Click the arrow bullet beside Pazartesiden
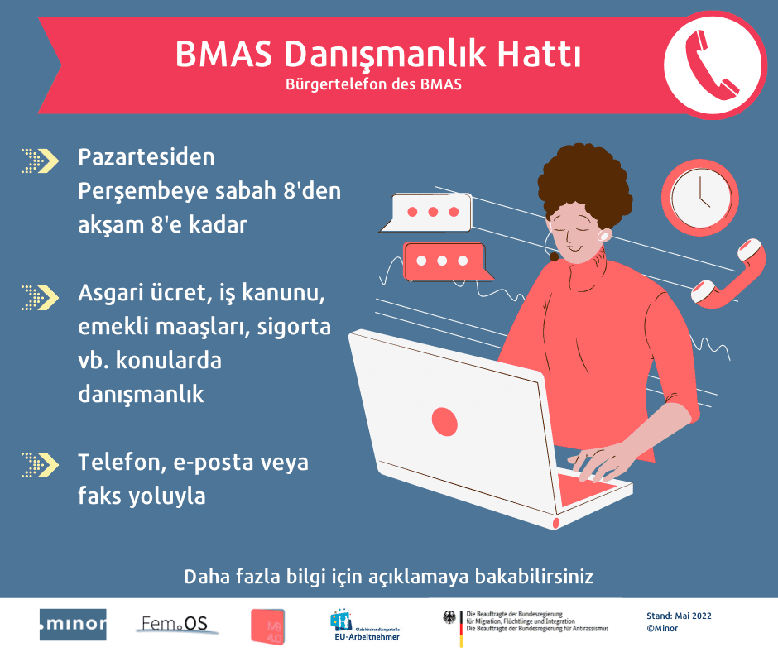point(39,159)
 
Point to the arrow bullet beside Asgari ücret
point(39,295)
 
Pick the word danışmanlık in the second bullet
point(141,394)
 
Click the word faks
point(100,496)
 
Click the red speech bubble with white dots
point(444,261)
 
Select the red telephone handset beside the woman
point(728,273)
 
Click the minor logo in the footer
point(73,624)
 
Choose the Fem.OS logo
point(175,624)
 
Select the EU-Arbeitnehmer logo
point(364,626)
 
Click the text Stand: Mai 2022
point(679,616)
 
